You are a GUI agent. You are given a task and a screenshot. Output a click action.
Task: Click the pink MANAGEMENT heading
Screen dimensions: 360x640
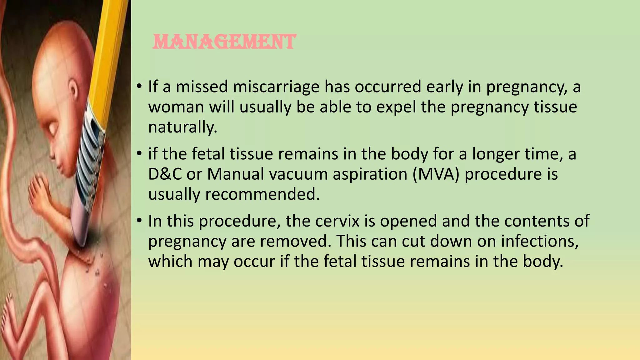(224, 42)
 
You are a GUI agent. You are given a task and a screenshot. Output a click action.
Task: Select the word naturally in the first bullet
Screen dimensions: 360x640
(182, 127)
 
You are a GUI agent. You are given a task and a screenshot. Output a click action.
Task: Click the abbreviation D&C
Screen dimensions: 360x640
(165, 174)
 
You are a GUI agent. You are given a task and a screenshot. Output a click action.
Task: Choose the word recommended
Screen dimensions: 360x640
(262, 194)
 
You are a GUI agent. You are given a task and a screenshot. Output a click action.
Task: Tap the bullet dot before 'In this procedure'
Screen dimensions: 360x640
(139, 221)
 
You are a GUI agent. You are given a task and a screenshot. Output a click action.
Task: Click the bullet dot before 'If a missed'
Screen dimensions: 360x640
(139, 87)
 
